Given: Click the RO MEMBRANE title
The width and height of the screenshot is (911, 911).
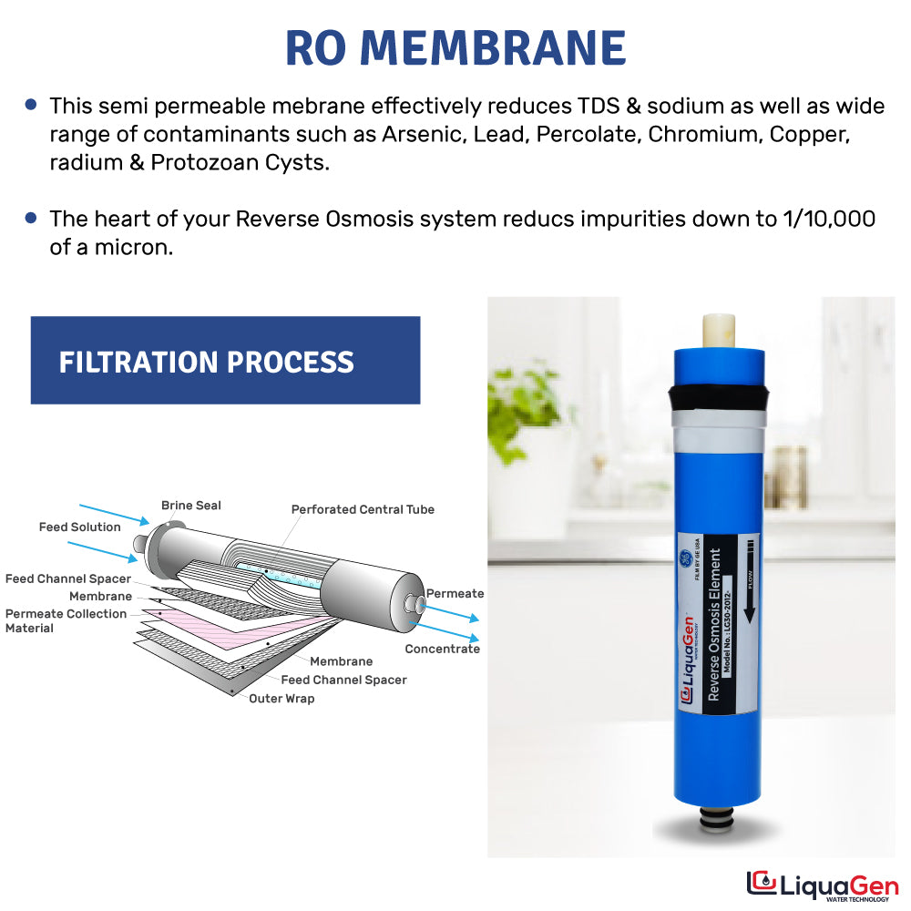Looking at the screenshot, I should [455, 47].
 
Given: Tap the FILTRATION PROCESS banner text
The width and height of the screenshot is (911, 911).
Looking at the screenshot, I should [207, 362].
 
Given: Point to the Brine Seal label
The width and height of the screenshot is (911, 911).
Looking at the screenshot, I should [190, 506].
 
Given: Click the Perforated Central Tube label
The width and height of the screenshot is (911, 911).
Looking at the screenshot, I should [363, 509].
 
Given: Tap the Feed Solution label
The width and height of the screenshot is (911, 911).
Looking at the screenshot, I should [79, 527].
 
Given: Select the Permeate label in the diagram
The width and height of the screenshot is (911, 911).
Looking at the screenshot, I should [455, 594].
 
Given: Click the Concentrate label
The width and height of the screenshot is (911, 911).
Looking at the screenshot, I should [442, 649].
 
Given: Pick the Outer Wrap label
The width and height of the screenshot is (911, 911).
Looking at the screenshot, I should [281, 699].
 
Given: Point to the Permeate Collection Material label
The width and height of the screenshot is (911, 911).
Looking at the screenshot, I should [66, 620].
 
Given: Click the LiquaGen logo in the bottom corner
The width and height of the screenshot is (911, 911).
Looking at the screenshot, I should [822, 885].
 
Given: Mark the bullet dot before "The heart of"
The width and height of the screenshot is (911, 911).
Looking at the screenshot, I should [32, 218].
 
